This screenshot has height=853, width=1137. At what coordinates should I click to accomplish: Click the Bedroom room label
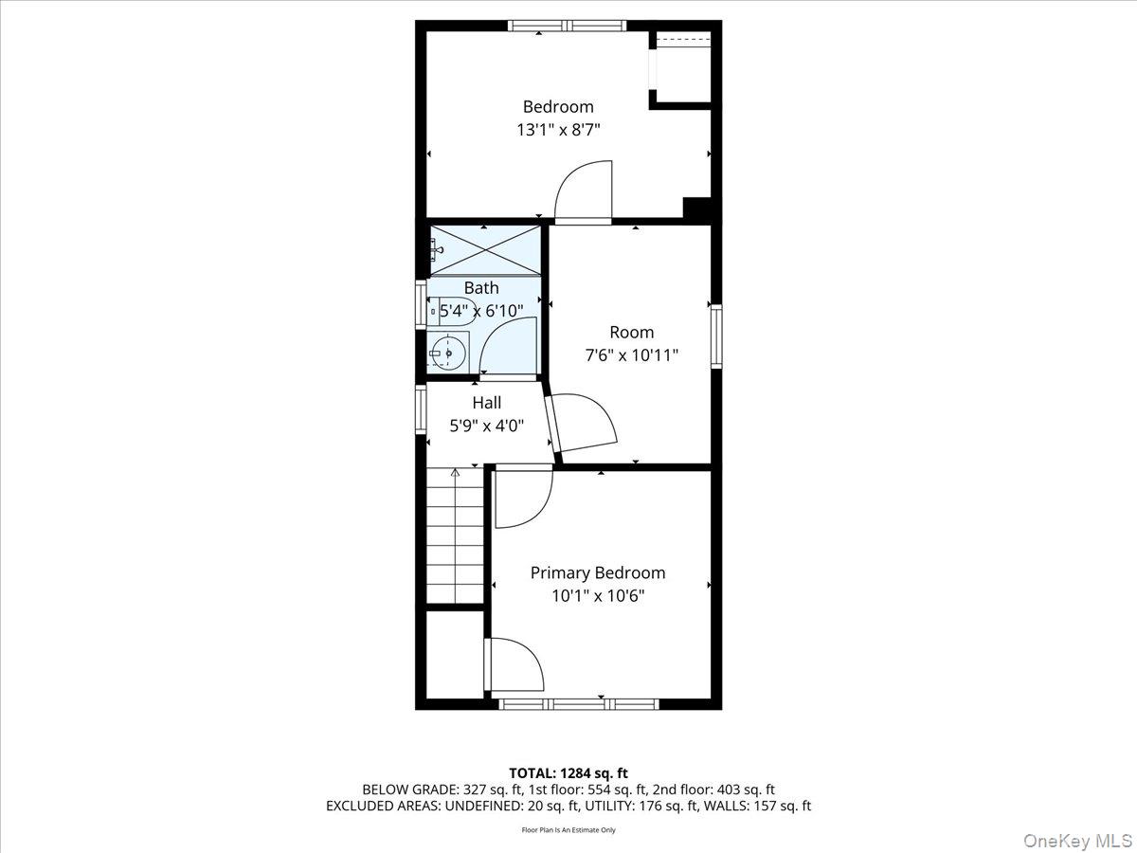[x=558, y=107]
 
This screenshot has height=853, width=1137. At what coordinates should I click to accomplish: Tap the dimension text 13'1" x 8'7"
[x=558, y=131]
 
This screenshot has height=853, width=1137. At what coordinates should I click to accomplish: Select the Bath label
[x=481, y=288]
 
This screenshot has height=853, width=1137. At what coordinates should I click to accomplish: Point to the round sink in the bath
[x=448, y=354]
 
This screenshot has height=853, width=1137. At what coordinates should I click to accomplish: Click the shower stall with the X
[x=486, y=250]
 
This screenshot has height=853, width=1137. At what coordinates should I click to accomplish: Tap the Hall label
[x=487, y=403]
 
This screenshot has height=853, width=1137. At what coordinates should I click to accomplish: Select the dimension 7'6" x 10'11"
[x=631, y=355]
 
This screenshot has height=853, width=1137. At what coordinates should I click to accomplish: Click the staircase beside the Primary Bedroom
[x=455, y=535]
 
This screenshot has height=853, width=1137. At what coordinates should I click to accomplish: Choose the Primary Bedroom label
[x=597, y=572]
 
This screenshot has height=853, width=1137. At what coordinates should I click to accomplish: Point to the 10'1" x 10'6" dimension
[x=597, y=596]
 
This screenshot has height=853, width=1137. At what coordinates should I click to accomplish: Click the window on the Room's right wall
[x=716, y=336]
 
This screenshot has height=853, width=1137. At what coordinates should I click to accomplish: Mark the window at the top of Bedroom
[x=567, y=26]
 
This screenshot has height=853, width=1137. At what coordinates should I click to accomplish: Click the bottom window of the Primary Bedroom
[x=578, y=703]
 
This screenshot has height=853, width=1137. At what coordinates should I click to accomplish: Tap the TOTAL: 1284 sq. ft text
[x=568, y=773]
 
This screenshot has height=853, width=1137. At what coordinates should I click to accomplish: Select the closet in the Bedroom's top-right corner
[x=682, y=68]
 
